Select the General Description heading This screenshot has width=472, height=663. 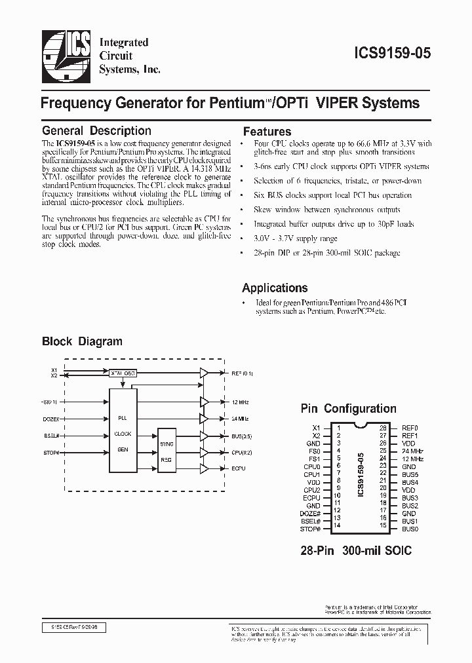(x=96, y=131)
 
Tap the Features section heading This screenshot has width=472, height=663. (x=267, y=131)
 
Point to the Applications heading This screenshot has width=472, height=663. (x=275, y=288)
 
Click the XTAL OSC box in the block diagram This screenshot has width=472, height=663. (x=123, y=373)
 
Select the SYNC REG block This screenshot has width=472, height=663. (x=167, y=452)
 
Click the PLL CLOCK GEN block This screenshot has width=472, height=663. (x=123, y=432)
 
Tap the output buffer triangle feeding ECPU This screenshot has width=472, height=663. (x=203, y=469)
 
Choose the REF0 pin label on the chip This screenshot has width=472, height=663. (x=410, y=428)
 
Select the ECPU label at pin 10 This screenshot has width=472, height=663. (x=312, y=497)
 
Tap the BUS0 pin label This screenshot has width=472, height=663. (x=410, y=528)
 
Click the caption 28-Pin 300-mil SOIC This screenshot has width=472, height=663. (x=355, y=550)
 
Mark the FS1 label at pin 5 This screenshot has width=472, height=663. (x=314, y=459)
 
